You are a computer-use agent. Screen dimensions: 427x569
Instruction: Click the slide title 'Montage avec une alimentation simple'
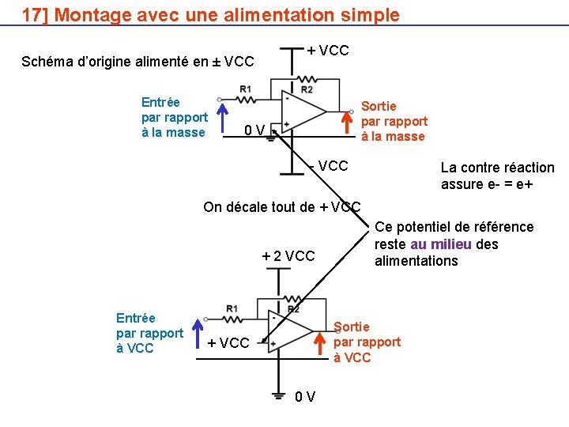tap(228, 15)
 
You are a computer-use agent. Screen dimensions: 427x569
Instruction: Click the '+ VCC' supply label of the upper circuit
tap(328, 51)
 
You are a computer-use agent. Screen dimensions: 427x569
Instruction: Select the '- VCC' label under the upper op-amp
tap(329, 166)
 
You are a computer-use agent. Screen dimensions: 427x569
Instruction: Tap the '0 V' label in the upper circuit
tap(254, 130)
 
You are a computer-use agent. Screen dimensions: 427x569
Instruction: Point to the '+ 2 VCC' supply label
tap(288, 255)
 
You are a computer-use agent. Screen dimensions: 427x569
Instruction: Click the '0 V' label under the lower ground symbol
tap(305, 396)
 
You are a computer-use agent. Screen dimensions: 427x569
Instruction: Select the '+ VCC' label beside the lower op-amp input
tap(228, 343)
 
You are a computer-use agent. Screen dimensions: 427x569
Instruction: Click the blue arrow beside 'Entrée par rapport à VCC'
tap(198, 333)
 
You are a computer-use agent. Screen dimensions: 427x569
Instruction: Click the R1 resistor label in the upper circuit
tap(245, 89)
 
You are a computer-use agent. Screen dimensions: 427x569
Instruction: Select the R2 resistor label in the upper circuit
tap(307, 90)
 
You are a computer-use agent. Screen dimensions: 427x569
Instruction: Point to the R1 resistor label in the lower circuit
tap(231, 308)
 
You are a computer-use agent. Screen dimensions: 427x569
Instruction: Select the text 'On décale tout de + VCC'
tap(282, 207)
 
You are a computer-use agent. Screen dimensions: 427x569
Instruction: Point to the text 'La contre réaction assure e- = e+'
tap(497, 176)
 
